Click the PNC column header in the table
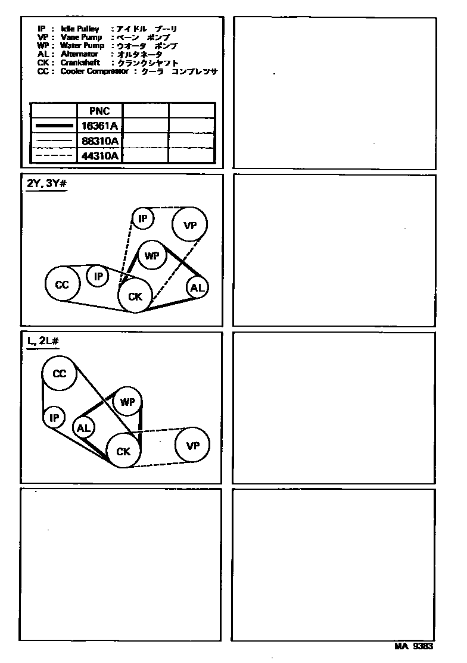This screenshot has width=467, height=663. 99,111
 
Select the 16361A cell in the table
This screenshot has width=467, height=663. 99,126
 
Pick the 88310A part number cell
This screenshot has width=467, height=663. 99,141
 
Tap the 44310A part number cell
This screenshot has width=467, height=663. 99,156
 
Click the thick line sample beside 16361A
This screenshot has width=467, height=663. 54,126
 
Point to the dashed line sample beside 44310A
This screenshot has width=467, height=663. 54,156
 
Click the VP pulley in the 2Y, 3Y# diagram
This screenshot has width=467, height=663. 190,226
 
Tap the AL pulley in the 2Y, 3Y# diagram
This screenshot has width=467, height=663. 197,288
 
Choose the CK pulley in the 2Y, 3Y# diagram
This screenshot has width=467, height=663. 135,296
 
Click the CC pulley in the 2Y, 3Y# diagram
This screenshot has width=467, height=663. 62,285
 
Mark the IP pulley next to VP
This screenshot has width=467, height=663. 143,218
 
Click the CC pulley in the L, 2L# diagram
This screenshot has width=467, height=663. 59,374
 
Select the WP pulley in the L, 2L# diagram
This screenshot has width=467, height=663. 127,402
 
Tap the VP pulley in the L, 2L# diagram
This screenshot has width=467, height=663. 192,445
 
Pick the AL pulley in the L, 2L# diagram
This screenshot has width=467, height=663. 83,428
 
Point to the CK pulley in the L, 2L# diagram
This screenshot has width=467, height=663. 123,452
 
